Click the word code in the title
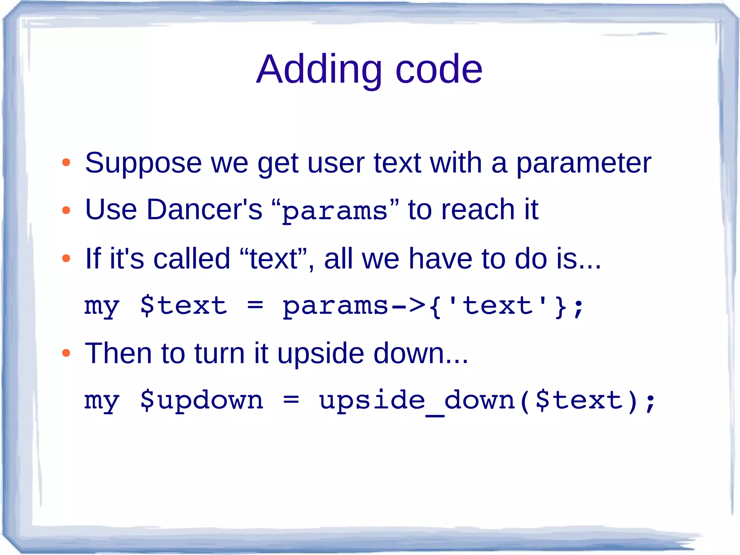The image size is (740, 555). pyautogui.click(x=439, y=69)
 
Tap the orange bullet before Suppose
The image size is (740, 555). pyautogui.click(x=66, y=163)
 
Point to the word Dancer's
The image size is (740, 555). pyautogui.click(x=204, y=210)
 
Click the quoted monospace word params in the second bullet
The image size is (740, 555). pyautogui.click(x=334, y=212)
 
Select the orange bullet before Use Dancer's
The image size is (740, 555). pyautogui.click(x=66, y=210)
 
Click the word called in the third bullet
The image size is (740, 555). pyautogui.click(x=192, y=259)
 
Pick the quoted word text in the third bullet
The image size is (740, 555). pyautogui.click(x=273, y=259)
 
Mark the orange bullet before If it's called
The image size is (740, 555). pyautogui.click(x=66, y=258)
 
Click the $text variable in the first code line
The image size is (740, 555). pyautogui.click(x=184, y=306)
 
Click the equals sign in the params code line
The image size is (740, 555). pyautogui.click(x=255, y=306)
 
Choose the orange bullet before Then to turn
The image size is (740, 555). pyautogui.click(x=66, y=353)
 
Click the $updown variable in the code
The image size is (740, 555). pyautogui.click(x=202, y=401)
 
